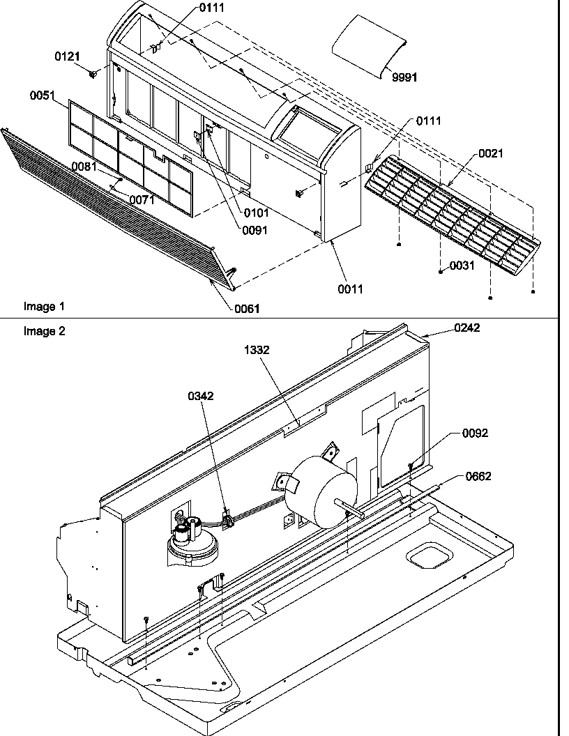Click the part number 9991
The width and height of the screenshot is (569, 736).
pyautogui.click(x=404, y=77)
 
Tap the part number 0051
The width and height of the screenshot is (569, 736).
pyautogui.click(x=42, y=96)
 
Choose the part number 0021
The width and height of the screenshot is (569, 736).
pyautogui.click(x=490, y=154)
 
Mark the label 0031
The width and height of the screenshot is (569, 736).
pyautogui.click(x=462, y=266)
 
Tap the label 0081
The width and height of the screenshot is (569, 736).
pyautogui.click(x=84, y=166)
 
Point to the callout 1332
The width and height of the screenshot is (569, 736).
pyautogui.click(x=256, y=351)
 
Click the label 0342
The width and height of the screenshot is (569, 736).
pyautogui.click(x=200, y=396)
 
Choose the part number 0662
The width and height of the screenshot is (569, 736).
pyautogui.click(x=478, y=477)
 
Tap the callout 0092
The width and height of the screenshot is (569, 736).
pyautogui.click(x=476, y=433)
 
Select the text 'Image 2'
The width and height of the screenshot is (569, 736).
pyautogui.click(x=44, y=332)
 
